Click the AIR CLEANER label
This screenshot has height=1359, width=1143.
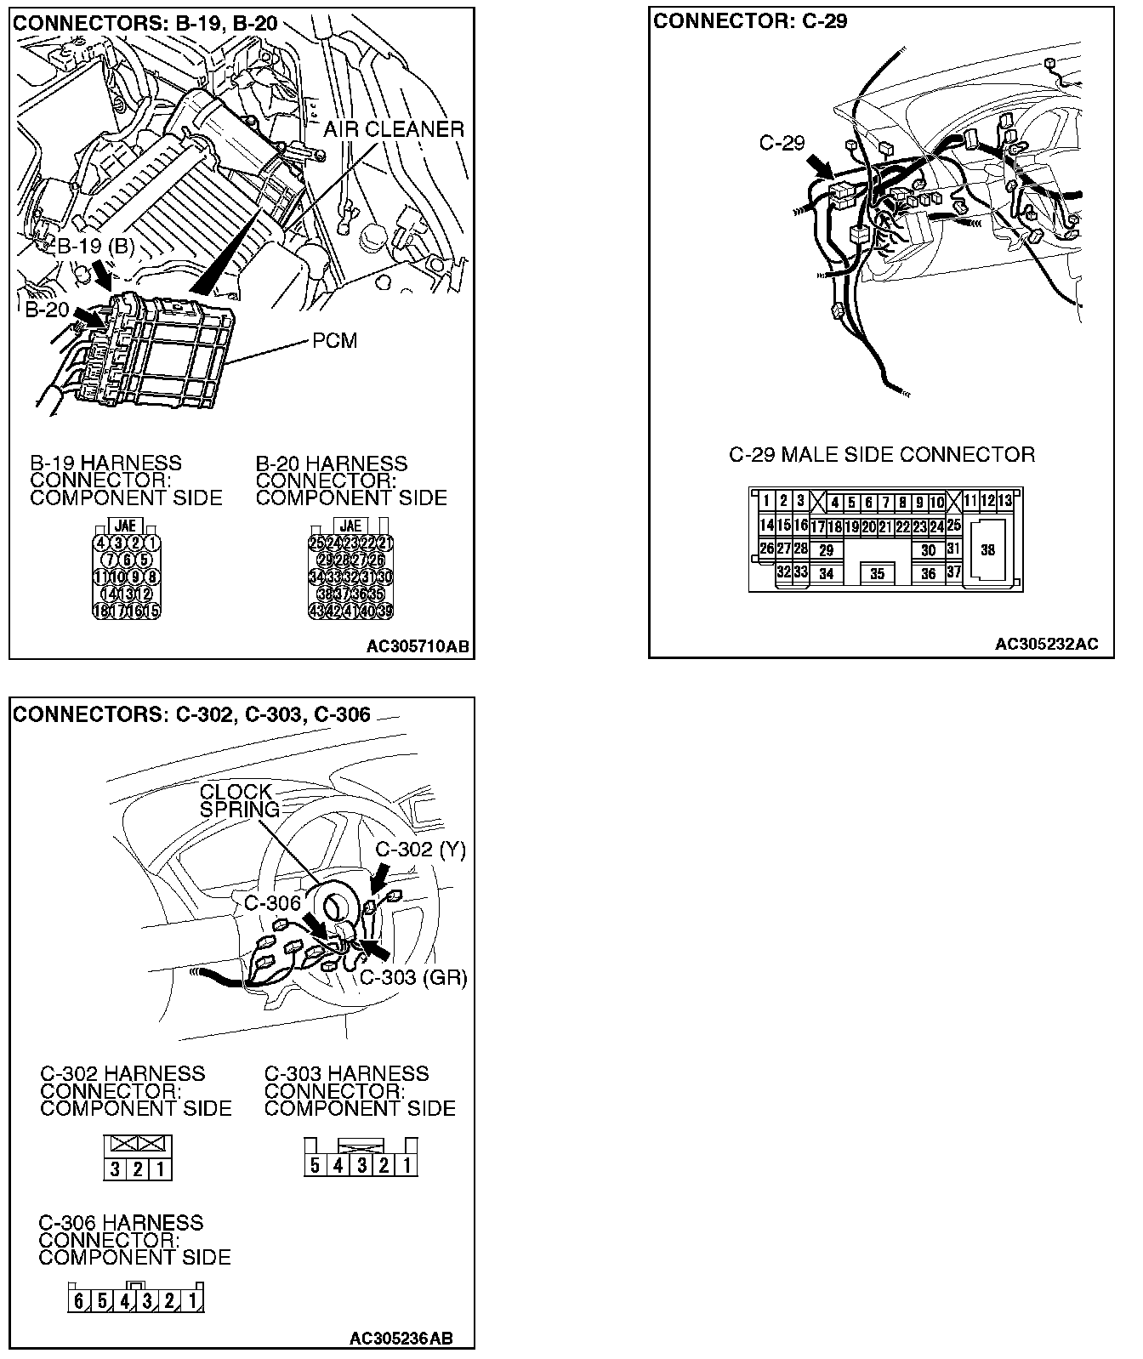click(394, 129)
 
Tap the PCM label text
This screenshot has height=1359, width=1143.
click(335, 341)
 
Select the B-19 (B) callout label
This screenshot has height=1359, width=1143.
click(96, 246)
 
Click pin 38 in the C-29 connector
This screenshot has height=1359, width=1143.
click(987, 550)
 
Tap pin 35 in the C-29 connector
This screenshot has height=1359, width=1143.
click(877, 574)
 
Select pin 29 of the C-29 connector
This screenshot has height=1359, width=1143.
click(826, 551)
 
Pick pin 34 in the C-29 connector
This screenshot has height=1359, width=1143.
click(826, 574)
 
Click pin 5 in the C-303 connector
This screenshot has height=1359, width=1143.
click(315, 1165)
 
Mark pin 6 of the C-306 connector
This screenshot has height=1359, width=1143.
click(79, 1301)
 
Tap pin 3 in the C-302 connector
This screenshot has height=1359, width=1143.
click(115, 1169)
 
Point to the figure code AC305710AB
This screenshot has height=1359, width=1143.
click(418, 647)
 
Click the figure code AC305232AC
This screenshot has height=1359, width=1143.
click(1046, 644)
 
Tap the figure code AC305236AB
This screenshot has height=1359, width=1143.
click(401, 1338)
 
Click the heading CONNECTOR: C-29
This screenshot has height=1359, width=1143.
click(750, 21)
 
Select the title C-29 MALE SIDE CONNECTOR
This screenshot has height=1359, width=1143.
click(882, 455)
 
